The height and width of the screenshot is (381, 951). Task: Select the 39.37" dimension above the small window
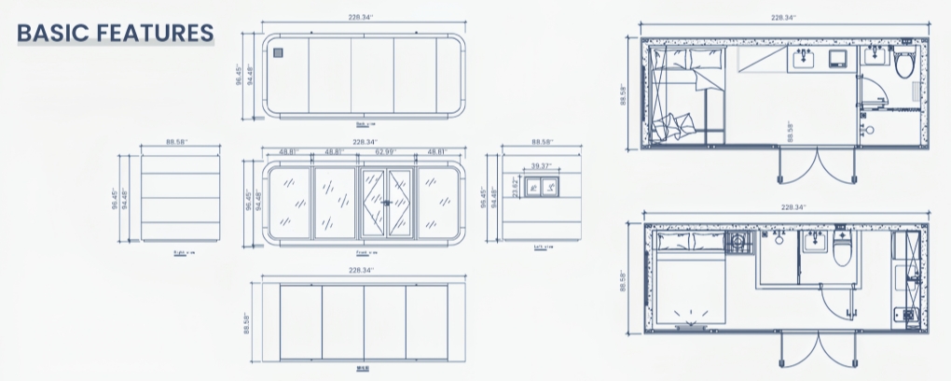[x=541, y=166]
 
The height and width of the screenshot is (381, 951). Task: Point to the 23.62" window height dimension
[x=514, y=187]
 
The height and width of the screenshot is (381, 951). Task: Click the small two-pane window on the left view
[x=541, y=188]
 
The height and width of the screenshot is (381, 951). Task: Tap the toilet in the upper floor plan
[x=903, y=65]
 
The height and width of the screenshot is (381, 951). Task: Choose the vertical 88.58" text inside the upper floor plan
[x=791, y=132]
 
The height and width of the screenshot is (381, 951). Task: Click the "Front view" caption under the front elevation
[x=365, y=253]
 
